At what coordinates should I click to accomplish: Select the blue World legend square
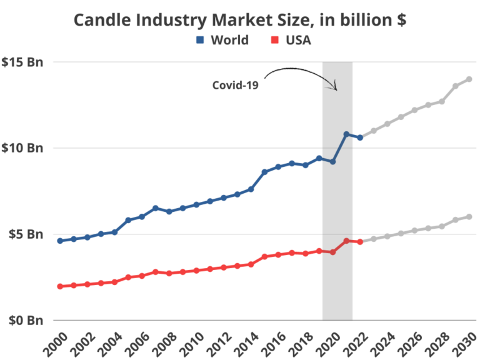coord(200,41)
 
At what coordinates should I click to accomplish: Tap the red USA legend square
coord(274,41)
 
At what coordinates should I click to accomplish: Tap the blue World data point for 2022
coord(360,137)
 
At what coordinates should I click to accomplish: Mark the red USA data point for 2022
coord(360,242)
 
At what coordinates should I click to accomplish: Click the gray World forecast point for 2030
coord(469,79)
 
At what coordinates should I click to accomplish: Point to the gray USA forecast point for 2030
coord(469,216)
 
